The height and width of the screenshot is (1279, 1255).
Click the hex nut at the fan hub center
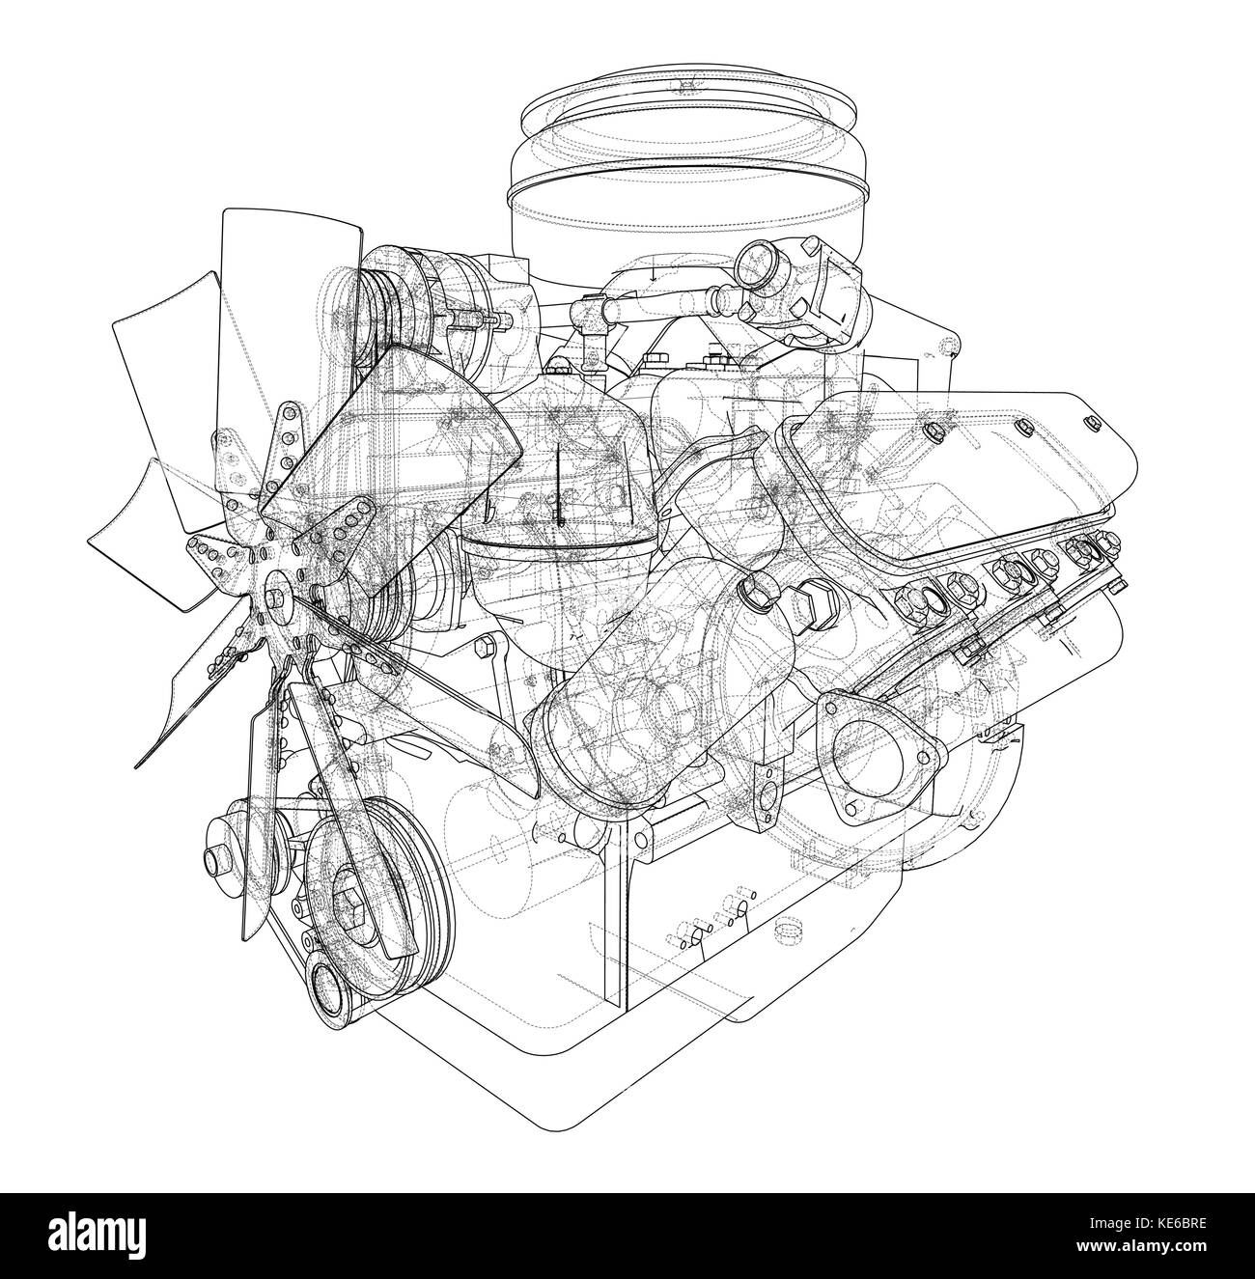click(x=272, y=600)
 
